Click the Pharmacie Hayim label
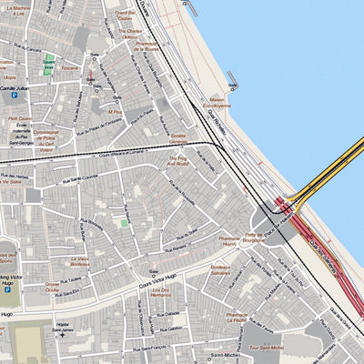(228, 242)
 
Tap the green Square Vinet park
(49, 65)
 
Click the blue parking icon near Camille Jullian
(14, 94)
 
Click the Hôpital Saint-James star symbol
(62, 335)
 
